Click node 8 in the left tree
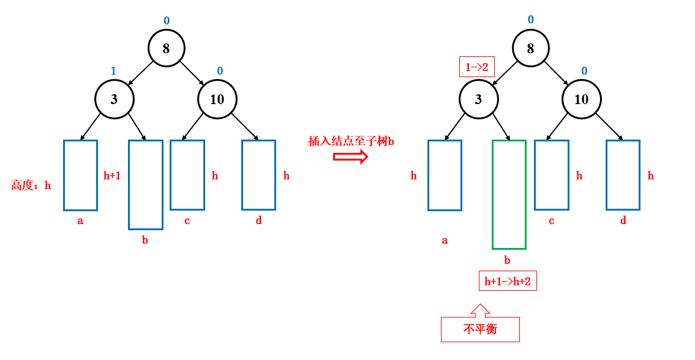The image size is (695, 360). tap(166, 48)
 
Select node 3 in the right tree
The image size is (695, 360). tap(478, 99)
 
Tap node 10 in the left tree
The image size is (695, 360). tap(217, 99)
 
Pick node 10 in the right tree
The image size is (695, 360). tap(581, 99)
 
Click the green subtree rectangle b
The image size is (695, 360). tap(509, 195)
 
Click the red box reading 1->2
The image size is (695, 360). tap(476, 67)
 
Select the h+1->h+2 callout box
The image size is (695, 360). tap(508, 281)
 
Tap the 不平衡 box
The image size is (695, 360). tap(480, 329)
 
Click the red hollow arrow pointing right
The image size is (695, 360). tap(350, 157)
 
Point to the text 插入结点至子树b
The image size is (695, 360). tap(351, 141)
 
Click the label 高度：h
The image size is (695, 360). tap(31, 186)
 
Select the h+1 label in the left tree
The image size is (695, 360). tap(112, 176)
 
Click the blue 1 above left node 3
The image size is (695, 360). tap(113, 71)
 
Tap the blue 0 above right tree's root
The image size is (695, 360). tap(530, 20)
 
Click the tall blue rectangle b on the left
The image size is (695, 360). tap(146, 185)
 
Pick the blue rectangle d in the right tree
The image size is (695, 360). tap(623, 175)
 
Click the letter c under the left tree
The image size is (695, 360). tap(187, 221)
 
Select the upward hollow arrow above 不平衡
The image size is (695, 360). tap(481, 310)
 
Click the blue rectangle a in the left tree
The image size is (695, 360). tap(80, 175)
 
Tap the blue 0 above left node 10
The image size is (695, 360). tap(220, 71)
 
